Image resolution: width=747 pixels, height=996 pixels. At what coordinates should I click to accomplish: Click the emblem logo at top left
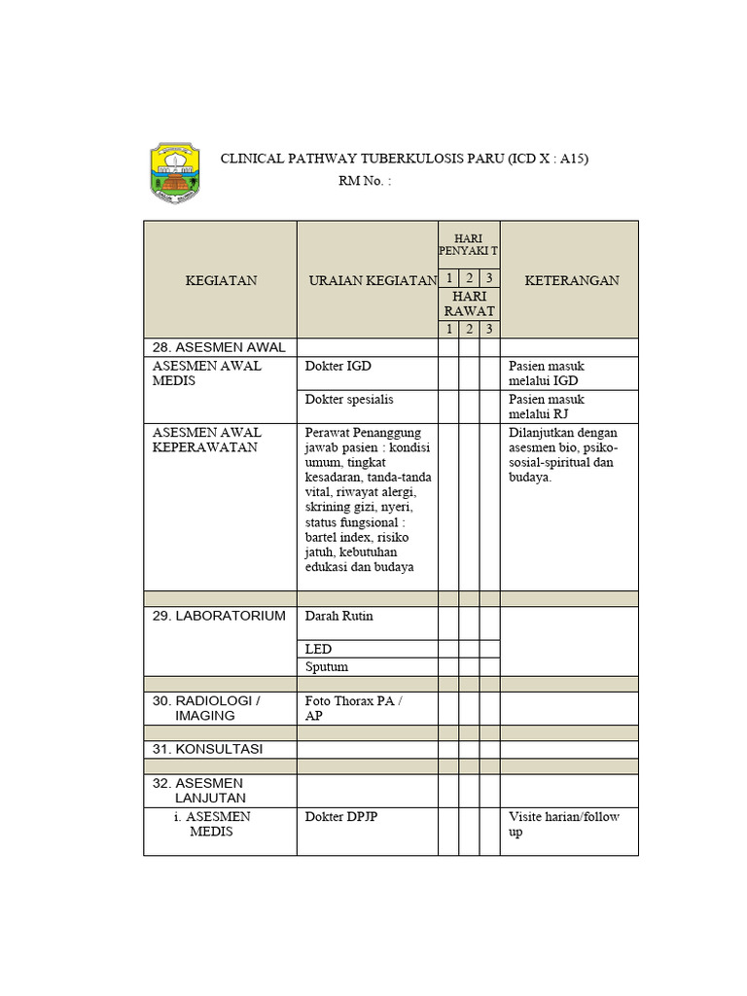[x=176, y=172]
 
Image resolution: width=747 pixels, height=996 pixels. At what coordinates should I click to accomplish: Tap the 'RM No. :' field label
[x=365, y=181]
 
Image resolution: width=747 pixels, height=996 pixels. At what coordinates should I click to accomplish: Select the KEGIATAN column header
[x=221, y=280]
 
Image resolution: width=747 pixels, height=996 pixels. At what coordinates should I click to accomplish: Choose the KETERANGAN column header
[x=572, y=280]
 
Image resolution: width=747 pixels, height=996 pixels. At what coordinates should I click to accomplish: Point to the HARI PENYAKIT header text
[x=468, y=245]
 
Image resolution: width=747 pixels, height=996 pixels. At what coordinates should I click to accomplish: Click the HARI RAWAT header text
[x=469, y=303]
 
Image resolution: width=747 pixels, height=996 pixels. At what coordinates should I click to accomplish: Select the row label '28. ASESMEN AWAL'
[x=219, y=347]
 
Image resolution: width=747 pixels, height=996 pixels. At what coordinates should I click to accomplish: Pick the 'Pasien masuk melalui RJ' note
[x=546, y=407]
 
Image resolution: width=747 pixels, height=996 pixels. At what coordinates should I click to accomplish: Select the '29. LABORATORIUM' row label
[x=219, y=616]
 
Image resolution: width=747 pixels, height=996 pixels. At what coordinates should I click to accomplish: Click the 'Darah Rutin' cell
[x=338, y=616]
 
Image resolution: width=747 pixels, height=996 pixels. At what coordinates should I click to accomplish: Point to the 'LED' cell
[x=318, y=649]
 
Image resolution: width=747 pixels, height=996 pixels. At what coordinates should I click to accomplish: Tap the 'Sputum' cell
[x=326, y=667]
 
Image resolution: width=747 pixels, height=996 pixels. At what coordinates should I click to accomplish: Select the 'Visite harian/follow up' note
[x=563, y=824]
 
